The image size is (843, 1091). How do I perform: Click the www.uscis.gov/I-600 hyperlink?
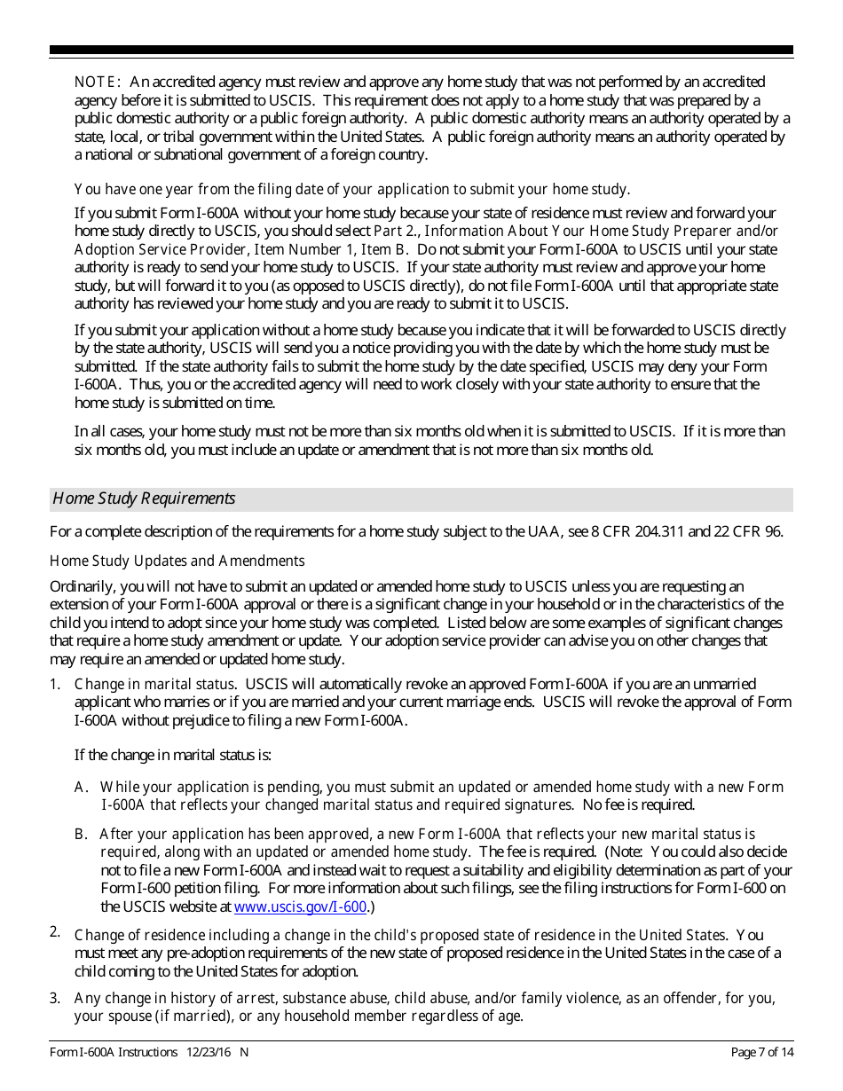(x=300, y=907)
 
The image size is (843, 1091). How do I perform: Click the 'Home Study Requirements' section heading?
(x=144, y=498)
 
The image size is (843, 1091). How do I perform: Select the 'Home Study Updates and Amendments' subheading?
(x=177, y=561)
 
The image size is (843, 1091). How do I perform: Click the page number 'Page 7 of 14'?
(x=761, y=1052)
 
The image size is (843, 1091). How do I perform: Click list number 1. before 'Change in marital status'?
(x=55, y=684)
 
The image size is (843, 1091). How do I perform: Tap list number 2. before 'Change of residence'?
(x=55, y=931)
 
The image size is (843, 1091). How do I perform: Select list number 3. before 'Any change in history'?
(x=55, y=998)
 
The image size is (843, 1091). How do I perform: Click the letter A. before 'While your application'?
(x=82, y=787)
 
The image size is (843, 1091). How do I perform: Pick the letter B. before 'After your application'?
(x=82, y=834)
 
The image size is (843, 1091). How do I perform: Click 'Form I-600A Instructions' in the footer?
(x=114, y=1052)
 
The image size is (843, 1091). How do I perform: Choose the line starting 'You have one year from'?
(x=351, y=189)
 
